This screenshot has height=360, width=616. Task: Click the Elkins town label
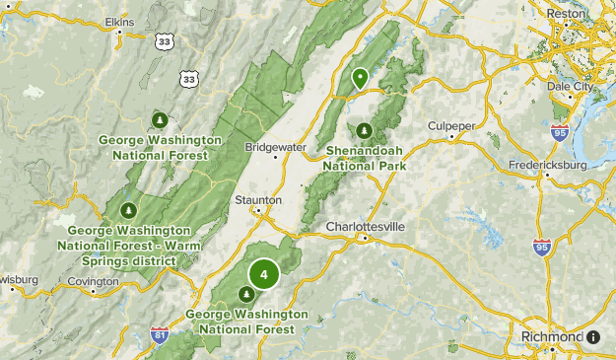tap(120, 20)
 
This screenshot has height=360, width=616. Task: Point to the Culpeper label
tap(449, 125)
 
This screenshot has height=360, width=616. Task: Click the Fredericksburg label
tap(547, 164)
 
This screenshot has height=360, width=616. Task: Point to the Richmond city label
tap(552, 336)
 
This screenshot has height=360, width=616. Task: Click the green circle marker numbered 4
tap(263, 274)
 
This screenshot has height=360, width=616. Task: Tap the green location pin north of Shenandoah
tap(361, 77)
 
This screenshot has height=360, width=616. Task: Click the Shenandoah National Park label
tap(367, 159)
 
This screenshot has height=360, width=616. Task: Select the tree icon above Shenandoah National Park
tap(365, 130)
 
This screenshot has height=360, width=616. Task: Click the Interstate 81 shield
tap(160, 335)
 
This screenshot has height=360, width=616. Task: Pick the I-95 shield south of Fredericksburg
tap(540, 247)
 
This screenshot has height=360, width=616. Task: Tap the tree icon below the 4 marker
tap(245, 293)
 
